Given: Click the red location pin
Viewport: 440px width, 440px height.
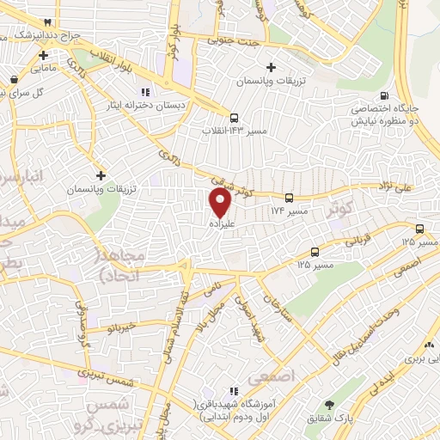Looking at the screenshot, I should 220,202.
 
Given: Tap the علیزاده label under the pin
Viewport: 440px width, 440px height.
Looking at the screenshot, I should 220,223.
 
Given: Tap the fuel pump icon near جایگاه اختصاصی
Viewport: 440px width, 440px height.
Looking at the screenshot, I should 383,95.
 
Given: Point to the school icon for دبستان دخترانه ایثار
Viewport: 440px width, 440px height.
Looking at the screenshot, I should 144,91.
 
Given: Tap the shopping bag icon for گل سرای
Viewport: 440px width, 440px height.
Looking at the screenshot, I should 14,80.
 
